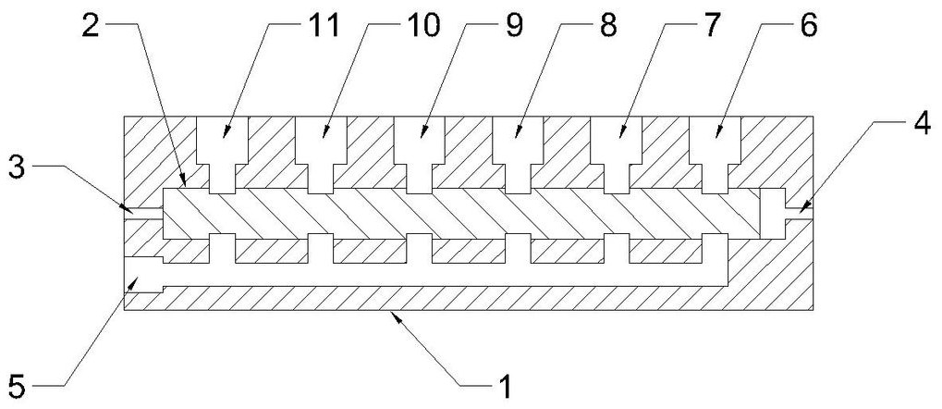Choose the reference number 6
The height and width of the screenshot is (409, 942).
pos(807,27)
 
